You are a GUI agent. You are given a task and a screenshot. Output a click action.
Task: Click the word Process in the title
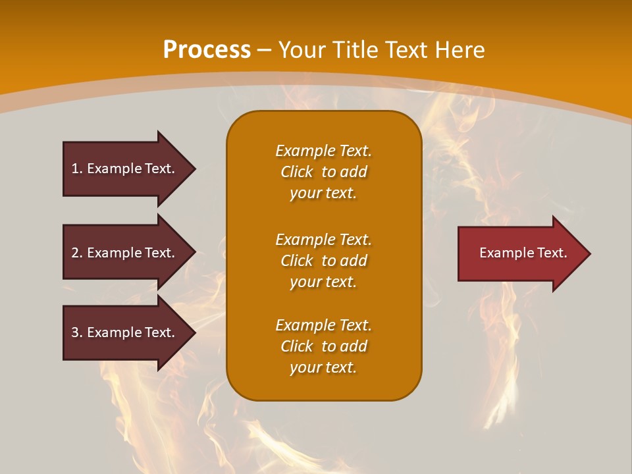click(207, 50)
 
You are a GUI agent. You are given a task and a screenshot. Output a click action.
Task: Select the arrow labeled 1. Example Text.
click(125, 169)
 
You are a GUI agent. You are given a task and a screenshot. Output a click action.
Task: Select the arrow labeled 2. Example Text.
click(125, 253)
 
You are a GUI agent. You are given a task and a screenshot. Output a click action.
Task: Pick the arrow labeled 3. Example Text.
click(125, 332)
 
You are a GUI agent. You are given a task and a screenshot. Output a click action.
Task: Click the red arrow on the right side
click(520, 253)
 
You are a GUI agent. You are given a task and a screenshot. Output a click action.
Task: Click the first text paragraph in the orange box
click(323, 172)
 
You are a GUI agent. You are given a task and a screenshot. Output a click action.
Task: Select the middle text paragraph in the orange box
click(323, 261)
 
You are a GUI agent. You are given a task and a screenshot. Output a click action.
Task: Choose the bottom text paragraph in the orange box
click(323, 346)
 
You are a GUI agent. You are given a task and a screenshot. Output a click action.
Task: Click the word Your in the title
click(302, 50)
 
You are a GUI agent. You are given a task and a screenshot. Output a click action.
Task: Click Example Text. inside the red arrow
click(523, 253)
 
